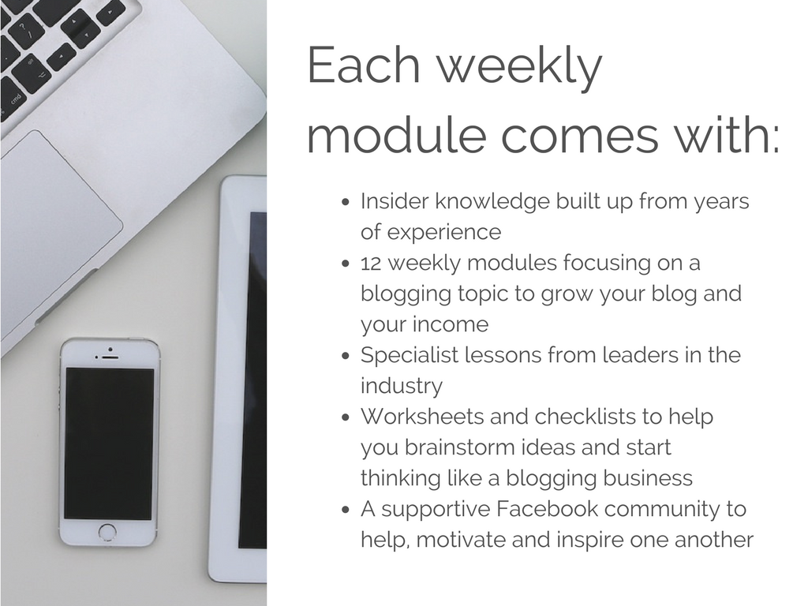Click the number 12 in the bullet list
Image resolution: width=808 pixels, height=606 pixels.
point(371,264)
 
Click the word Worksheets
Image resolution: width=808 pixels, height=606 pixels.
point(421,417)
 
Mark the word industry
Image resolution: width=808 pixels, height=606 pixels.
point(402,387)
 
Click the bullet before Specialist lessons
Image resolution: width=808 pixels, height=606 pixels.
point(346,357)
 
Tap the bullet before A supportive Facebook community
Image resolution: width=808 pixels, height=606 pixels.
point(346,511)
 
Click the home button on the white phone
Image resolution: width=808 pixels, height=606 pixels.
point(107,533)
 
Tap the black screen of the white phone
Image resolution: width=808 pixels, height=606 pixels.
point(109,443)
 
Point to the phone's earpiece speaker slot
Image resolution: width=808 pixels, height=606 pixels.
point(110,357)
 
